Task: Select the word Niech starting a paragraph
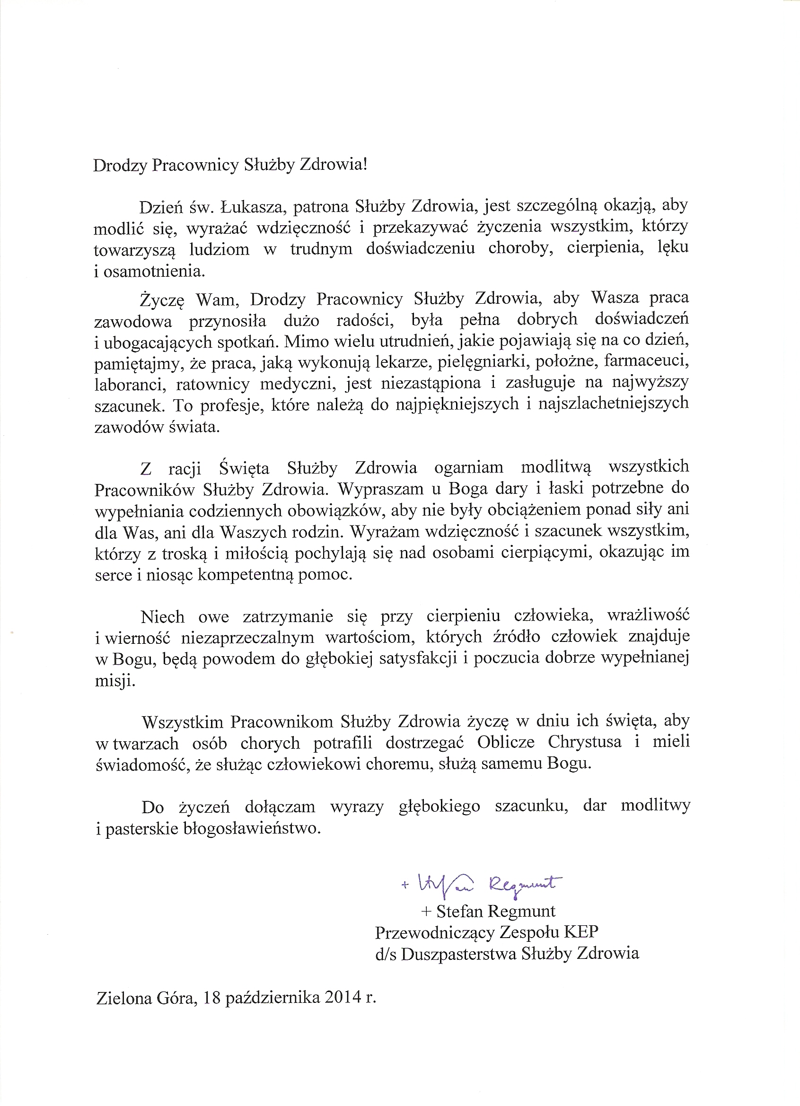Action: pyautogui.click(x=163, y=617)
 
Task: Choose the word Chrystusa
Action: pyautogui.click(x=584, y=742)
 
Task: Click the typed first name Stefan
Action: pyautogui.click(x=459, y=912)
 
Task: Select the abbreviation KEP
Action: pyautogui.click(x=581, y=932)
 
